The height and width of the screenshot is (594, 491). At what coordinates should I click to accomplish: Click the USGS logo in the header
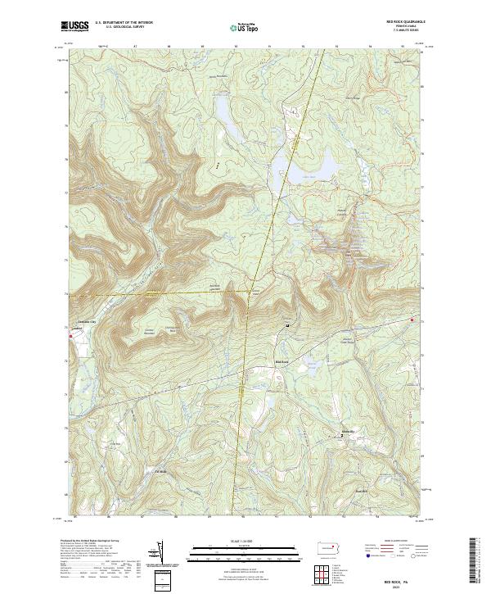click(x=75, y=26)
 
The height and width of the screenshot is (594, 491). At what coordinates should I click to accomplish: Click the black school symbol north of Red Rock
click(x=287, y=325)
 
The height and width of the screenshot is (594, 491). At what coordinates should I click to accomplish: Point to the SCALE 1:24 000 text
click(x=245, y=539)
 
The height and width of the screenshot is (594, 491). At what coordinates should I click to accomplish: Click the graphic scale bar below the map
click(x=245, y=551)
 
